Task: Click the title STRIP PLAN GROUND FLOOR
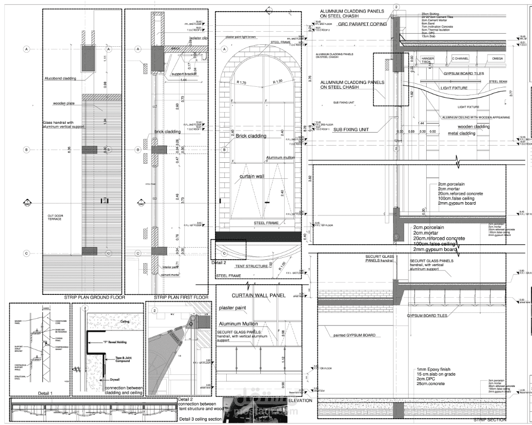click(x=95, y=297)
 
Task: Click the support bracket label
click(x=180, y=74)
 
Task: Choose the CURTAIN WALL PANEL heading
click(x=258, y=295)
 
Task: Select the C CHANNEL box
click(x=461, y=58)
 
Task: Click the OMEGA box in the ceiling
click(x=497, y=58)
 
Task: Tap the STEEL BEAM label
click(x=498, y=81)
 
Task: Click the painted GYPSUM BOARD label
click(x=354, y=335)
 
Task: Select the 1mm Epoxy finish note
click(x=436, y=370)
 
